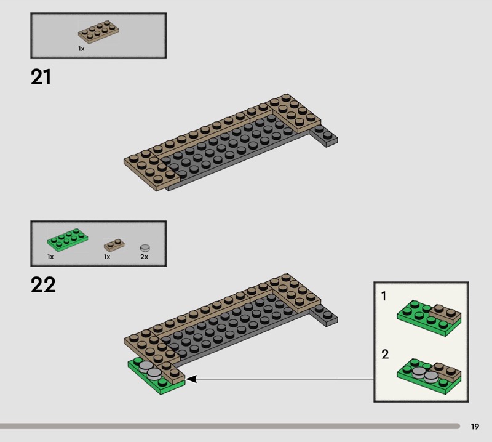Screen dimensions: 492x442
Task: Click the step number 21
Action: click(41, 77)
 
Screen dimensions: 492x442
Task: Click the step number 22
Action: click(43, 284)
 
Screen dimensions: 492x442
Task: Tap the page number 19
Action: click(475, 426)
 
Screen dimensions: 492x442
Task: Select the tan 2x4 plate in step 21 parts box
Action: click(98, 32)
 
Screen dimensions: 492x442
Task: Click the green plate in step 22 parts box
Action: click(68, 239)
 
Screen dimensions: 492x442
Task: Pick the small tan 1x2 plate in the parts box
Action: click(114, 245)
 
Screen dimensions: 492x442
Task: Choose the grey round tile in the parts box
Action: click(145, 248)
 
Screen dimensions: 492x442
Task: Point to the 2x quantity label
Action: click(144, 257)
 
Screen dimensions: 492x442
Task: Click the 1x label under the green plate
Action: click(50, 257)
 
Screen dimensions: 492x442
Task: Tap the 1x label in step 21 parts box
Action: click(81, 49)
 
